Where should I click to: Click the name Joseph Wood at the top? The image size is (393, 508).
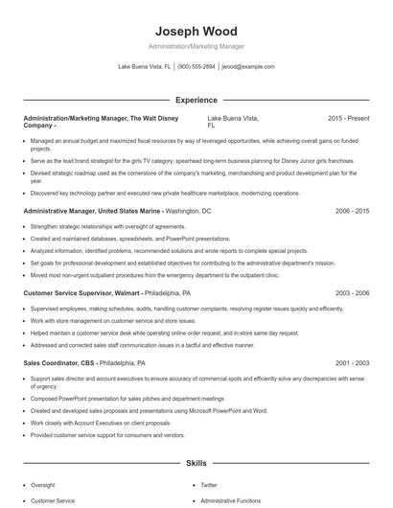coord(196,31)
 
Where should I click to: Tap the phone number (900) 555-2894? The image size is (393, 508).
coord(196,67)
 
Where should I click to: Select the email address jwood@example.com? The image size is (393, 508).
coord(247,67)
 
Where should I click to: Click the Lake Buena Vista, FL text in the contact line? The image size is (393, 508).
coord(144,67)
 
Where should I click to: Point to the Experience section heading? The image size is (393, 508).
coord(196,100)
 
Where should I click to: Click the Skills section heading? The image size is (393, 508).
coord(196,463)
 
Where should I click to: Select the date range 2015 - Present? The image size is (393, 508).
coord(348,118)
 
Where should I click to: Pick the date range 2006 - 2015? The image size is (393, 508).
coord(352,210)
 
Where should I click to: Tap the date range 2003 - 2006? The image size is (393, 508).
coord(352,292)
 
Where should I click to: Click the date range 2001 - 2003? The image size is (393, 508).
coord(352,363)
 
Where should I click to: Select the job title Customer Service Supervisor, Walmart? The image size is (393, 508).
coord(82,292)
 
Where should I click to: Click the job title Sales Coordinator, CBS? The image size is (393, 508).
coord(59,363)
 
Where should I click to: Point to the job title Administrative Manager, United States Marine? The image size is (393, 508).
coord(92,210)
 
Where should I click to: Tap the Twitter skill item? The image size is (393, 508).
coord(209,485)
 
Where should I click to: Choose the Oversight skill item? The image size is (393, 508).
coord(43,485)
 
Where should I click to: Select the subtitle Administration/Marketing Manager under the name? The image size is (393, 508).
coord(196,46)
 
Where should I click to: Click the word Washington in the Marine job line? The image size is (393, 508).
coord(183,210)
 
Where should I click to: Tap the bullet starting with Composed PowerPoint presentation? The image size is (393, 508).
coord(127,398)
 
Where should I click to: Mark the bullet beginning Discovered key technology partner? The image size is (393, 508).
coord(151,193)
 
